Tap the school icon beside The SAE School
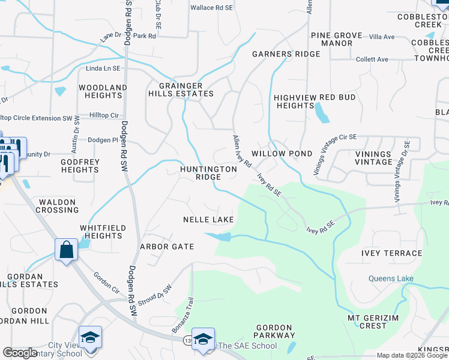(203, 339)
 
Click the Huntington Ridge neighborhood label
(209, 173)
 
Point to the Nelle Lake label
(208, 220)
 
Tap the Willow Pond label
(282, 154)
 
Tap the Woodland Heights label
(103, 91)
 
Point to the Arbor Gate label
(167, 247)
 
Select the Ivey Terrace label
(392, 253)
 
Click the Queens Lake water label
(391, 278)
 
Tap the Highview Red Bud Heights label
(315, 101)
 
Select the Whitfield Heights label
(101, 232)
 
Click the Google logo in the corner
(20, 353)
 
